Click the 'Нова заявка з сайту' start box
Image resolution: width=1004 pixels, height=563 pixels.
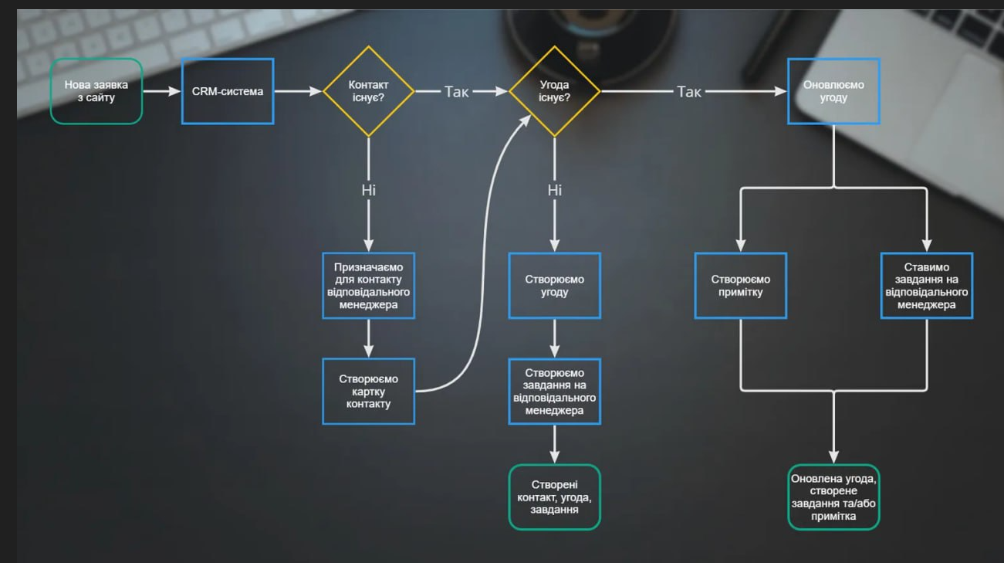tap(96, 91)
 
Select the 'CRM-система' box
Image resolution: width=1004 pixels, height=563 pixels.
tap(228, 91)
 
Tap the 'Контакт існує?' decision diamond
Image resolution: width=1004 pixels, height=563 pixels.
tap(369, 91)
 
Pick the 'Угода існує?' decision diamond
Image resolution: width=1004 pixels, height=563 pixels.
tap(554, 91)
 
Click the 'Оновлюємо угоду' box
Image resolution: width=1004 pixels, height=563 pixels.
tap(833, 91)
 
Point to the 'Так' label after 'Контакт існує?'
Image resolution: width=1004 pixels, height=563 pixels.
tap(456, 91)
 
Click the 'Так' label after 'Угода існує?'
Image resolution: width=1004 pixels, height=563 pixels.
tap(689, 91)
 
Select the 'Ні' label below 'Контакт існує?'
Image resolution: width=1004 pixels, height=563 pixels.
tap(369, 190)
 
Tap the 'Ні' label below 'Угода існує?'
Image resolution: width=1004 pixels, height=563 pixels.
tap(554, 190)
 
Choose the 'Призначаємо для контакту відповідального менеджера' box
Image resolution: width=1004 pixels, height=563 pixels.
tap(369, 286)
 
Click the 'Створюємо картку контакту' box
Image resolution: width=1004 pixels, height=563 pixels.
tap(369, 391)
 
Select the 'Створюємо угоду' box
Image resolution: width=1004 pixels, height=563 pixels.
tap(554, 286)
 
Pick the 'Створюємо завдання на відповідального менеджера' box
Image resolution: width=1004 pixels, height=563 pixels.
tap(554, 391)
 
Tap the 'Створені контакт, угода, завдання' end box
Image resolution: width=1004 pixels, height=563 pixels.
tap(554, 497)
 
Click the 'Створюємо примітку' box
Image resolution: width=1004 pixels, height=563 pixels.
tap(741, 286)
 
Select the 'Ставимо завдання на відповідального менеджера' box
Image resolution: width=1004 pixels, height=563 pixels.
tap(927, 286)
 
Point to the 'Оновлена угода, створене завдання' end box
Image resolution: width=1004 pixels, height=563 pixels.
tap(833, 497)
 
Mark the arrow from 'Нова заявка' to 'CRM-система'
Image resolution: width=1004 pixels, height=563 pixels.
tap(162, 91)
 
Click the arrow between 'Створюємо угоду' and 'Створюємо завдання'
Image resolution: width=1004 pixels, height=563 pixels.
tap(554, 338)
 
